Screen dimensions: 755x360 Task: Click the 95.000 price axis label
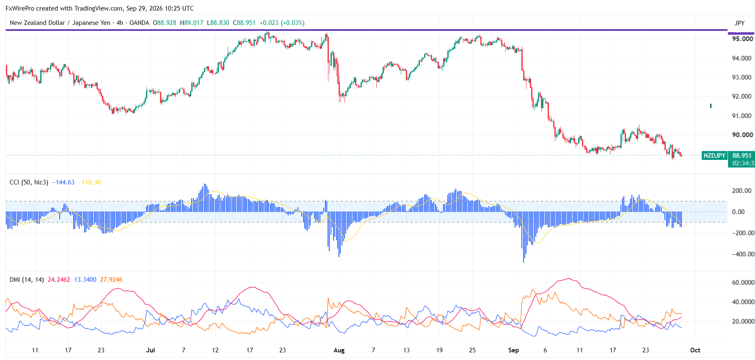pos(742,39)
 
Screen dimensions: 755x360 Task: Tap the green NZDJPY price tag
pos(714,156)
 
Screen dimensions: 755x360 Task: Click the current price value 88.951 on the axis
pos(742,156)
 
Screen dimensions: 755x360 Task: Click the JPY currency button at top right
pos(739,23)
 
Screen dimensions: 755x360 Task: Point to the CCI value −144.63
pos(63,182)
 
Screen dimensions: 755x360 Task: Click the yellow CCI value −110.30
pos(90,182)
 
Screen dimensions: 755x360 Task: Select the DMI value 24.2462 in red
pos(59,280)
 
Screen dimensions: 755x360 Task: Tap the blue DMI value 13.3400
pos(85,280)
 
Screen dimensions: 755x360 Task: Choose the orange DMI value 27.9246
pos(111,280)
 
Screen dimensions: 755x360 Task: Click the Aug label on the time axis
pos(339,350)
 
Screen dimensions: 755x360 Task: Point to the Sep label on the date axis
pos(513,350)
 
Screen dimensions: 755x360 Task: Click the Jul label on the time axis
pos(150,350)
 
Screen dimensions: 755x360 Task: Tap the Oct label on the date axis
pos(695,350)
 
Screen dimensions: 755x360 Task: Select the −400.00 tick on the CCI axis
pos(743,254)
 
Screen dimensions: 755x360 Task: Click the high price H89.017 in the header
pos(192,23)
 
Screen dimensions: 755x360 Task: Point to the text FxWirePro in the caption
pos(20,8)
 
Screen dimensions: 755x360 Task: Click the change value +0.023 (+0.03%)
pos(282,23)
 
